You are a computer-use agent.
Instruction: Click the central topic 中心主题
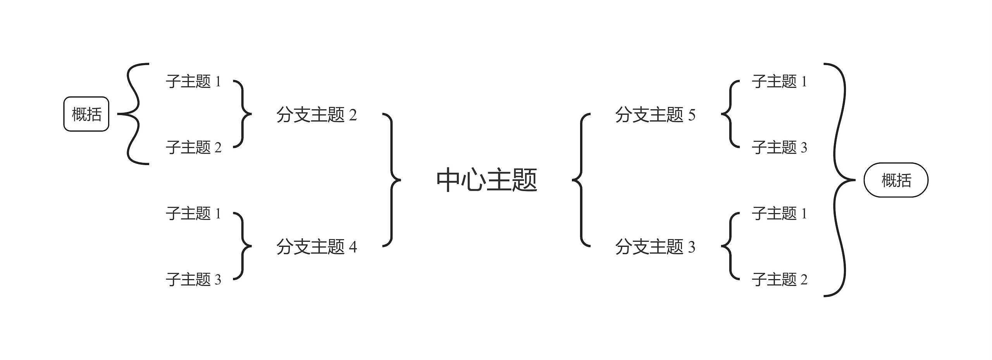click(x=487, y=180)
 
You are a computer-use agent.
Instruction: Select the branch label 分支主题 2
click(x=316, y=115)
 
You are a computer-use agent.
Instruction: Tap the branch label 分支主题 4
click(x=316, y=246)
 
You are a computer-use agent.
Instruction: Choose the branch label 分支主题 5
click(x=655, y=115)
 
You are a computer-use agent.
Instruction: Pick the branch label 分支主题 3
click(x=655, y=246)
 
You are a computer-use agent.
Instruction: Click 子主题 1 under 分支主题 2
click(x=193, y=81)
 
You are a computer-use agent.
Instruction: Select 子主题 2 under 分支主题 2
click(x=193, y=147)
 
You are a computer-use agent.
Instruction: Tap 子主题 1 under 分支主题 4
click(x=193, y=213)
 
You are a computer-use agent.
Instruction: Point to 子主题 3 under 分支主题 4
click(x=193, y=279)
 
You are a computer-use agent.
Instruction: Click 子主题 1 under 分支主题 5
click(x=779, y=81)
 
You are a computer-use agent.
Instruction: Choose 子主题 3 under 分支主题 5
click(x=779, y=147)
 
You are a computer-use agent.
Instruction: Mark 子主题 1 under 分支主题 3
click(x=779, y=213)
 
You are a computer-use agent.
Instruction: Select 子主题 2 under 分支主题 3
click(x=779, y=279)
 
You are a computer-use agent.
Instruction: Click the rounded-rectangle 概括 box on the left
click(x=86, y=114)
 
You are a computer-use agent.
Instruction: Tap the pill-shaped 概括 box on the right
click(x=896, y=180)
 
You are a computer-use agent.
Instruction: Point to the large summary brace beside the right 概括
click(x=841, y=180)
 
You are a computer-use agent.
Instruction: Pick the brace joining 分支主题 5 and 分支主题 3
click(x=580, y=180)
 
